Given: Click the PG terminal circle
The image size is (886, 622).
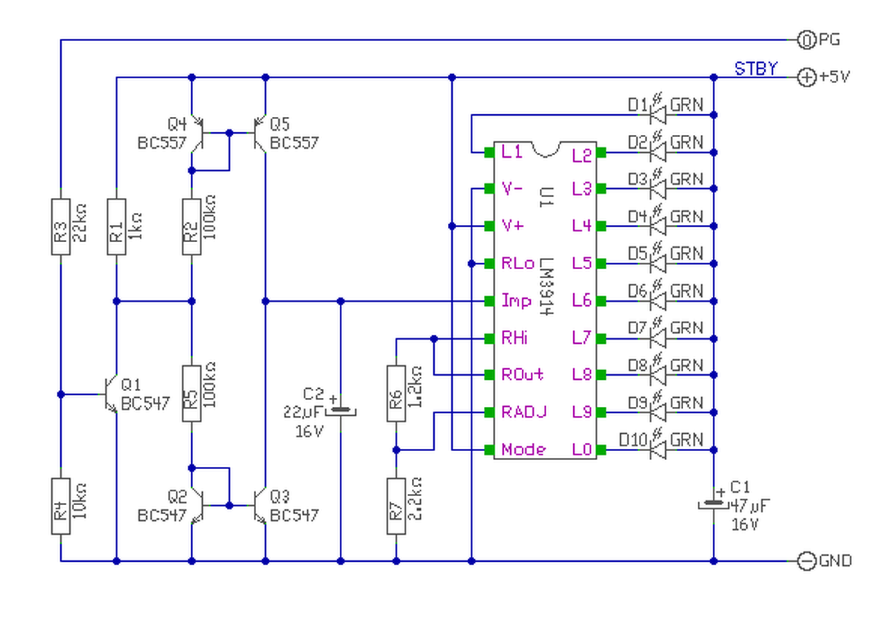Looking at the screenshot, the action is [806, 40].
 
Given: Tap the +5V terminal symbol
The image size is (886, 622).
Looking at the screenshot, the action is [806, 77].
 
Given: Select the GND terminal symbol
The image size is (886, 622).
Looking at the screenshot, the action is [806, 561].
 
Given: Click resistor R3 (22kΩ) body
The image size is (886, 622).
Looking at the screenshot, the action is [61, 226].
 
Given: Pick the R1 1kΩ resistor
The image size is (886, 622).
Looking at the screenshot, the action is [117, 226].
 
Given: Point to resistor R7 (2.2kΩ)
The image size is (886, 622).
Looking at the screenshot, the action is [397, 506].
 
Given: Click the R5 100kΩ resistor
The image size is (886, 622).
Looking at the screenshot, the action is [192, 394].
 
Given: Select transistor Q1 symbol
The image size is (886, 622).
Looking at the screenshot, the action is [111, 394].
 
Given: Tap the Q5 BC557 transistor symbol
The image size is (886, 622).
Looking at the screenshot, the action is [260, 134].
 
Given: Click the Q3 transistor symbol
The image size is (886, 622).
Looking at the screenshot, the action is [260, 506].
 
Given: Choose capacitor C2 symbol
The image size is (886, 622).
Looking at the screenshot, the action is [341, 410].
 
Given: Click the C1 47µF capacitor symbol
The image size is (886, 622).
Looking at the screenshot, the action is [714, 504].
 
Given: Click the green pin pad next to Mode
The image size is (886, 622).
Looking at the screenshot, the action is [489, 450].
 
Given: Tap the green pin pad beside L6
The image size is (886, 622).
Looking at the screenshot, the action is [602, 301].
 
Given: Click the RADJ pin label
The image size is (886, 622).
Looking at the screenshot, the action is [524, 412].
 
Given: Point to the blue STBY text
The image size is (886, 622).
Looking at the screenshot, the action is [756, 68].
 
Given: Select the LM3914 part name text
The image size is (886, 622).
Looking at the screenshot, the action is [546, 286].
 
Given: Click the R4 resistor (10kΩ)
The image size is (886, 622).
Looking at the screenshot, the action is [61, 506].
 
